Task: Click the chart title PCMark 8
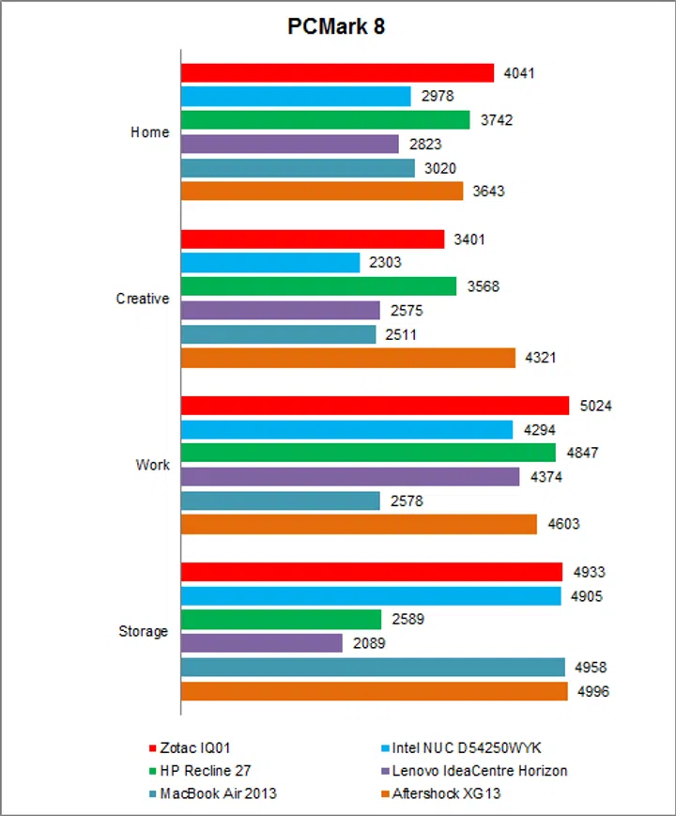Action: click(336, 27)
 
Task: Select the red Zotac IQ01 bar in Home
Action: click(337, 72)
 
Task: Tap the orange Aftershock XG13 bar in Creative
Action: click(347, 358)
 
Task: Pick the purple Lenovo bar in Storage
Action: click(261, 643)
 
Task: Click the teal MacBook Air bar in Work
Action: click(280, 500)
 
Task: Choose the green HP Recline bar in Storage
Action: click(281, 620)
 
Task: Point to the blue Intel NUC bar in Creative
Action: click(269, 263)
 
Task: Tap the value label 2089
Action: click(367, 643)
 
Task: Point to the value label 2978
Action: click(436, 96)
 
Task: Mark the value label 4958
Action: click(590, 668)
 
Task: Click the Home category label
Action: click(149, 132)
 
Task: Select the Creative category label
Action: click(143, 299)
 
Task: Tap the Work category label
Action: click(153, 465)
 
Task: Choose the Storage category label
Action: click(144, 631)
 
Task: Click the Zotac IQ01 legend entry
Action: click(194, 748)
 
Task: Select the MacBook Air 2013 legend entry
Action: click(218, 793)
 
